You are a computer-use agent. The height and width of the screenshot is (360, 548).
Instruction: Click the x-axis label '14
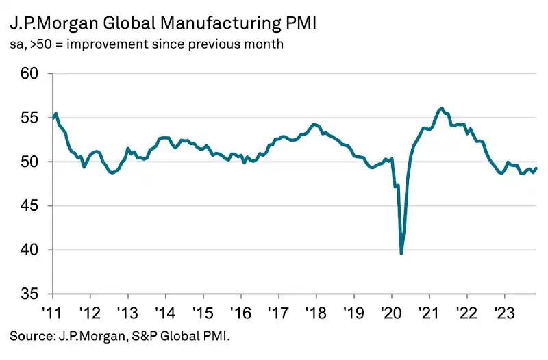[x=165, y=310]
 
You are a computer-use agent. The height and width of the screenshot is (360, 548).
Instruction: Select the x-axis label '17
[x=278, y=310]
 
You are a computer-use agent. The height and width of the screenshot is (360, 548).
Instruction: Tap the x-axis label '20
[x=391, y=310]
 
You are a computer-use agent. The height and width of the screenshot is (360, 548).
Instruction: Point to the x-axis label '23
[x=504, y=310]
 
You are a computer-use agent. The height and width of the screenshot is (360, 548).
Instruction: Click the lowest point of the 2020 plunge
[x=401, y=253]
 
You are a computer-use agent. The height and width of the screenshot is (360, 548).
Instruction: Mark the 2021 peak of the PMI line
[x=442, y=108]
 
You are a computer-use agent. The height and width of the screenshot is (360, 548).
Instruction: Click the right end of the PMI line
[x=536, y=168]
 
